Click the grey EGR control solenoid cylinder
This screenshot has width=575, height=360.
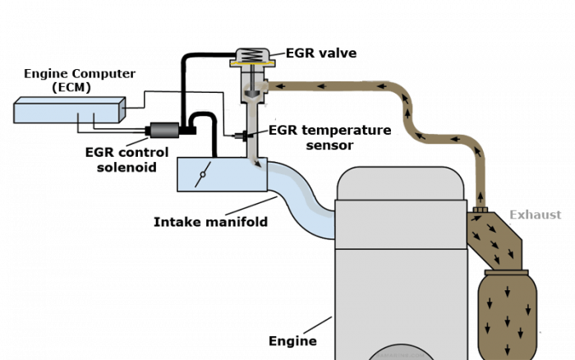click(x=165, y=130)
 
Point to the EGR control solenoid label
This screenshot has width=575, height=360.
click(x=131, y=159)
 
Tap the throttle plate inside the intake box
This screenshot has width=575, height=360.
click(x=203, y=174)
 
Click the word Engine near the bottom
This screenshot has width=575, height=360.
click(x=292, y=340)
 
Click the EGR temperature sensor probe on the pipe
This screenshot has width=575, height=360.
click(x=239, y=133)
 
